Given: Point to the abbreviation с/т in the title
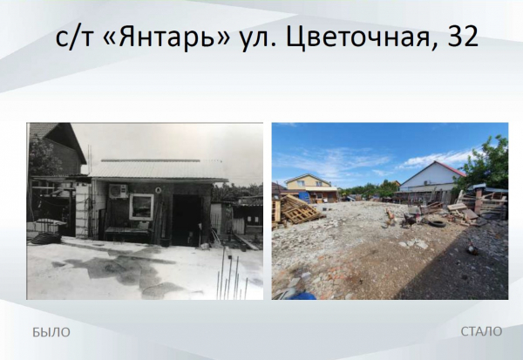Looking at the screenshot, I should click(x=73, y=39).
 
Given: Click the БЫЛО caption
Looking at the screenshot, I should click(x=51, y=331).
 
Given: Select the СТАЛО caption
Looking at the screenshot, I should click(x=481, y=331).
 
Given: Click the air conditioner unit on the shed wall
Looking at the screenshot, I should click(x=117, y=191).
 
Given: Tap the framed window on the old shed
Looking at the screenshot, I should click(x=141, y=207).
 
